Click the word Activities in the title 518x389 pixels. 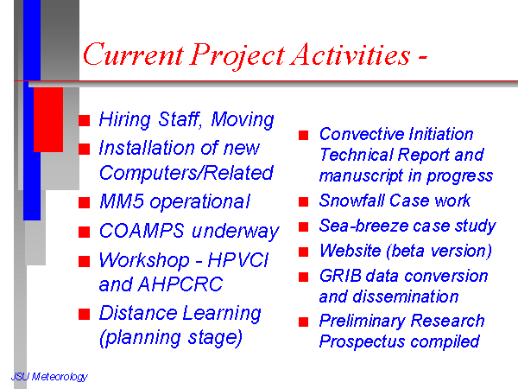[x=351, y=54]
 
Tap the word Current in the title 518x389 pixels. [x=133, y=54]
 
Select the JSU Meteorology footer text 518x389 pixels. [x=49, y=376]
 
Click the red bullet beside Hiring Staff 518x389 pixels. [x=85, y=120]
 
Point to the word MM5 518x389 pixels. [x=122, y=201]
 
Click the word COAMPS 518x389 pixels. [x=142, y=230]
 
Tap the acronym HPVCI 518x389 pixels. [x=238, y=259]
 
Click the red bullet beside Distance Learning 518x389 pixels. [x=85, y=315]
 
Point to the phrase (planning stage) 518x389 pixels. [x=171, y=338]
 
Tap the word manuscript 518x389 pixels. [x=362, y=176]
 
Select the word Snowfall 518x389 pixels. [x=352, y=201]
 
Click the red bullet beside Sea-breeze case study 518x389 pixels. [x=303, y=226]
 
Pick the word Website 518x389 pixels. [x=351, y=251]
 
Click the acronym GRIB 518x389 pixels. [x=340, y=276]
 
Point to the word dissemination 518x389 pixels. [x=406, y=297]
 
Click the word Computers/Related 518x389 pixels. [x=186, y=173]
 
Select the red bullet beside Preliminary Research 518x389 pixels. [x=303, y=322]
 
